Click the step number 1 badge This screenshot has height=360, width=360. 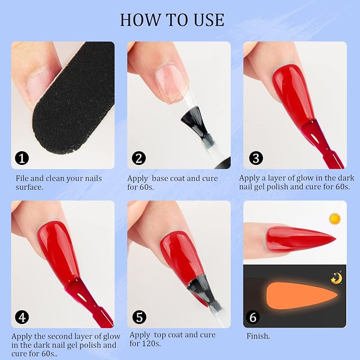tap(22, 158)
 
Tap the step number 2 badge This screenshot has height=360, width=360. tap(139, 158)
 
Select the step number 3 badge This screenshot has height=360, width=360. tap(256, 158)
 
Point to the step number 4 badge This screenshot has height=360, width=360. tap(22, 317)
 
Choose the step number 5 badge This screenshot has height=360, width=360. tap(139, 317)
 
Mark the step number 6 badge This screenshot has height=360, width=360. tap(253, 317)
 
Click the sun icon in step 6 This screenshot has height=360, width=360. tap(335, 219)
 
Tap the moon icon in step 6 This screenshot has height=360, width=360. tap(337, 278)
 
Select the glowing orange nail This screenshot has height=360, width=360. tap(301, 295)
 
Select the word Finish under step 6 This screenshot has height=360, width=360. tap(258, 336)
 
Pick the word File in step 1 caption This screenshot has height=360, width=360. tap(22, 178)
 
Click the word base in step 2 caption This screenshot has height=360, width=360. tap(161, 178)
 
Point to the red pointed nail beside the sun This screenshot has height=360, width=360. tap(298, 239)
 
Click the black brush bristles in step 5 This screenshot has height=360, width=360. tap(201, 288)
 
